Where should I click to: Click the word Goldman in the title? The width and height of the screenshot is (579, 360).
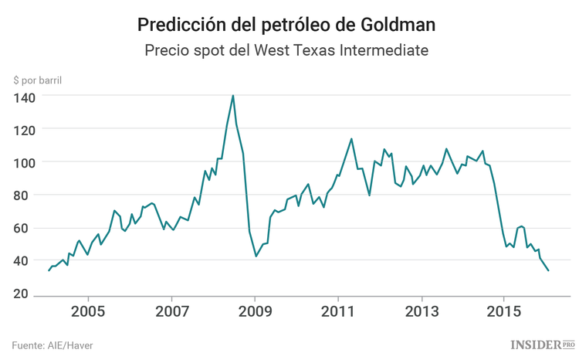pos(398,25)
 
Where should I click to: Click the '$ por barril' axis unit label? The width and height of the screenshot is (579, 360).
pos(38,80)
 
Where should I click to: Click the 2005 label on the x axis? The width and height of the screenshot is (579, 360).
pos(88,314)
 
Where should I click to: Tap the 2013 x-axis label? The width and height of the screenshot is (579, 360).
pos(421,314)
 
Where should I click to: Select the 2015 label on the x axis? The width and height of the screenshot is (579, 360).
pos(503,314)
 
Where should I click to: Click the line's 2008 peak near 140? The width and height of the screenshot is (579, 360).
pos(233,96)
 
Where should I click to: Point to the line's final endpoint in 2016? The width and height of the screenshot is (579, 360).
pos(548,270)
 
